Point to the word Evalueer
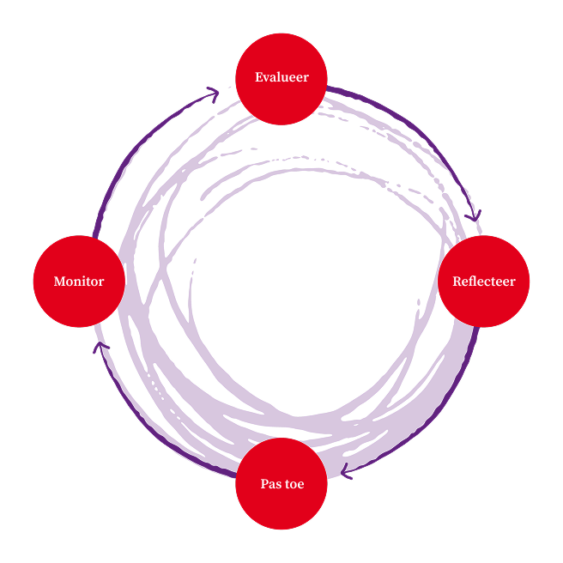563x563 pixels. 281,78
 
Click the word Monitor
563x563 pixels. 79,281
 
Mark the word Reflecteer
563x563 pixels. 484,281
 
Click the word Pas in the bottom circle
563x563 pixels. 270,484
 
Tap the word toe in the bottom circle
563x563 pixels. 294,484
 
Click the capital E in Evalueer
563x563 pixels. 258,78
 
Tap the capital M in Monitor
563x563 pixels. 58,281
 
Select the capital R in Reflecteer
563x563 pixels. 457,281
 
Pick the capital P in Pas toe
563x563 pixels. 264,484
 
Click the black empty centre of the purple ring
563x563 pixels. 292,283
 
